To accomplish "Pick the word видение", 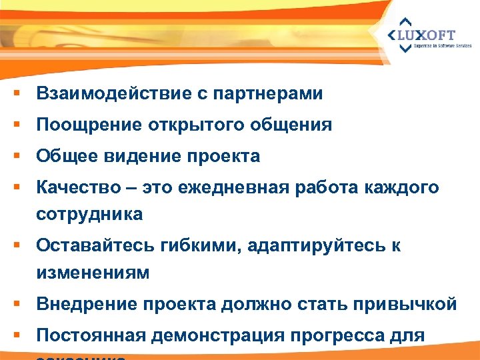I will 144,157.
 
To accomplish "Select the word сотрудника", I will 89,214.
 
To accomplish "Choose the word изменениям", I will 93,273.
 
